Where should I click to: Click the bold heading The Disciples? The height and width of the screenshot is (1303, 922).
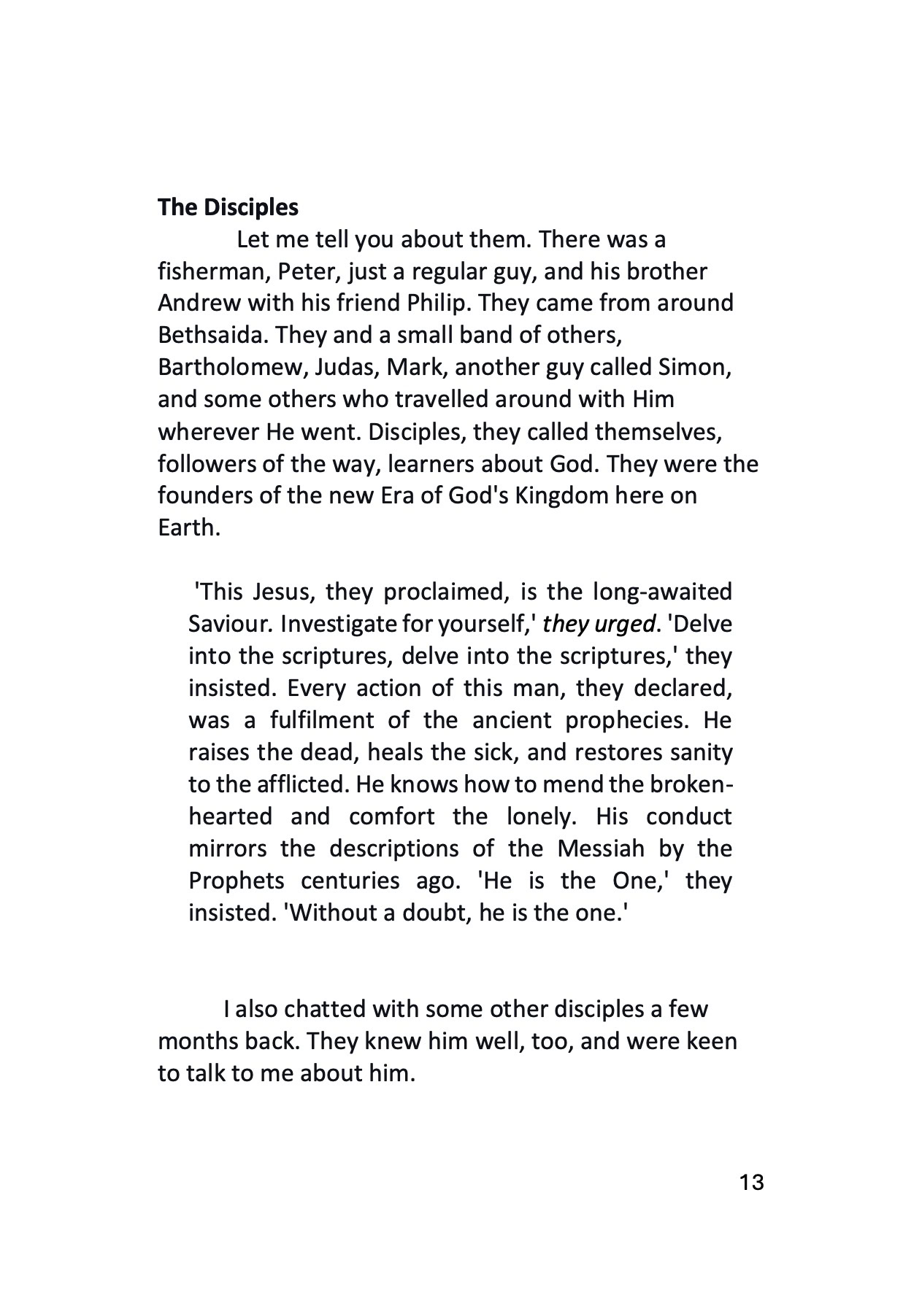[x=228, y=207]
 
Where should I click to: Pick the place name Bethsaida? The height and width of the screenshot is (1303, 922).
[x=211, y=335]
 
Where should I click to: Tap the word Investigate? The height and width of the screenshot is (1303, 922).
[x=339, y=625]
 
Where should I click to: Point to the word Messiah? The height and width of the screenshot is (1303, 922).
[x=601, y=849]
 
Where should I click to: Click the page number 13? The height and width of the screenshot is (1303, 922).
[x=751, y=1183]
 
